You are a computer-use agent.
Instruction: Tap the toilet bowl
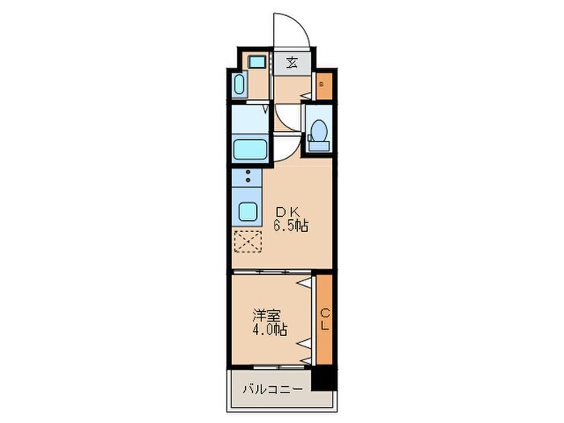[x=318, y=131]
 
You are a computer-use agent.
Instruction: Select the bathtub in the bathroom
[x=248, y=149]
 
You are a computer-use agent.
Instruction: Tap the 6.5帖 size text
[x=290, y=226]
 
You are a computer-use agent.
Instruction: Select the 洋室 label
[x=268, y=315]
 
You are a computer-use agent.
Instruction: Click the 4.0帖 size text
[x=268, y=330]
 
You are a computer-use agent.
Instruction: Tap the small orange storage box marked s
[x=321, y=85]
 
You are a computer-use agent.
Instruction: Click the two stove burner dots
[x=248, y=176]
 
